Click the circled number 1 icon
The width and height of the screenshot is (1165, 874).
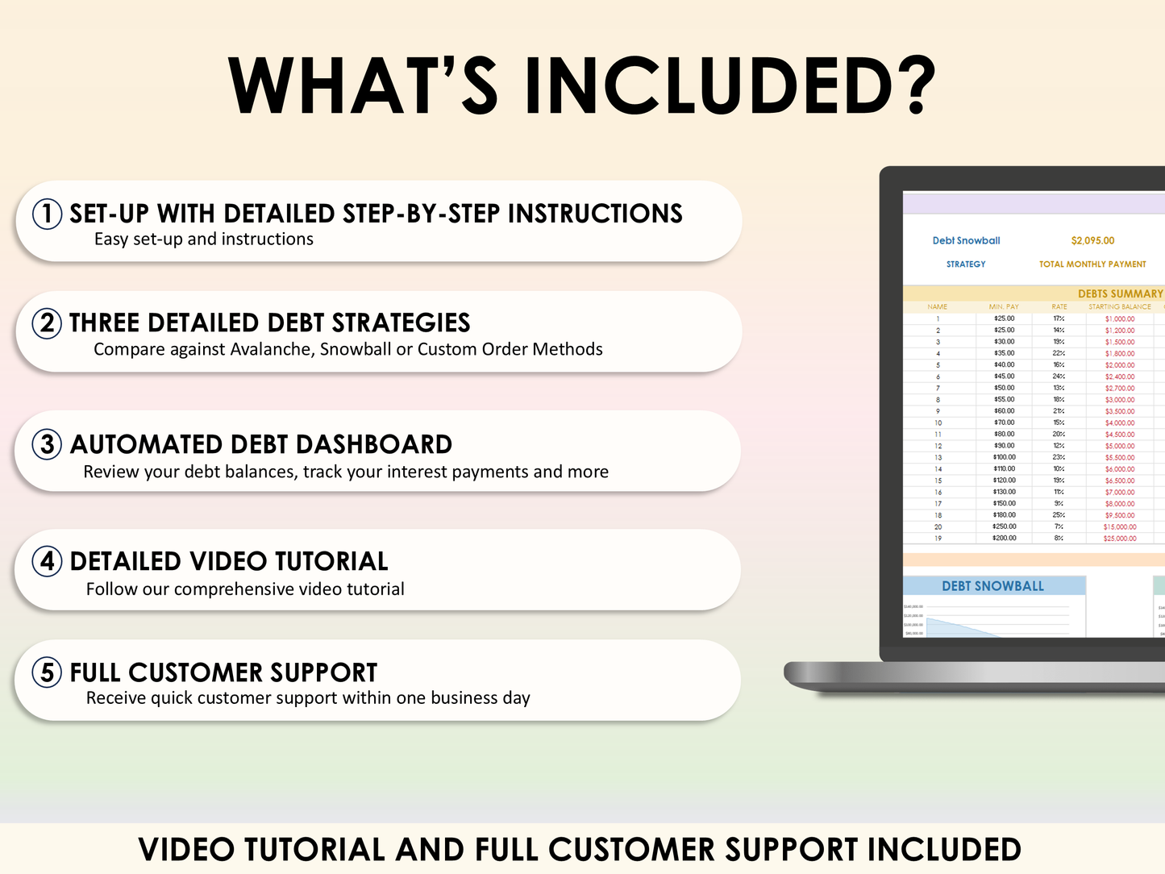tap(47, 214)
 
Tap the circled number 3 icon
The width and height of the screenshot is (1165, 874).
tap(47, 444)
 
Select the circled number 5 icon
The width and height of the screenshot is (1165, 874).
tap(47, 672)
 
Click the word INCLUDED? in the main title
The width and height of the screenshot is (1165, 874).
tap(730, 86)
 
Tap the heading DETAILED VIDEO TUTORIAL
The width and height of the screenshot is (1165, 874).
tap(229, 561)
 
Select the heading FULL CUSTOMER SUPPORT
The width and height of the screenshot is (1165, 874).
tap(223, 672)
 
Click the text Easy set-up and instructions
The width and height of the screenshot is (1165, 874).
tap(204, 239)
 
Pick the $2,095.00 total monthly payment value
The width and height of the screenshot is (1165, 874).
tap(1092, 240)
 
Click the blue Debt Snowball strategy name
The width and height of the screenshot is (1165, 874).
tap(966, 240)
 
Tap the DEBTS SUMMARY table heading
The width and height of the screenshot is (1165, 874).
tap(1120, 293)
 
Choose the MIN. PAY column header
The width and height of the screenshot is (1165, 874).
tap(1004, 307)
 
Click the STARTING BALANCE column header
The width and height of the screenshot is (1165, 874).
tap(1119, 307)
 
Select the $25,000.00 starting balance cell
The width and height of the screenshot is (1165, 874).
tap(1120, 539)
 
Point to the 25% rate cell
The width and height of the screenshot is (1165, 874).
tap(1059, 515)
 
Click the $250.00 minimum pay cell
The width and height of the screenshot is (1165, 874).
tap(1005, 526)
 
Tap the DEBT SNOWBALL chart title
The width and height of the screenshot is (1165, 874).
tap(992, 586)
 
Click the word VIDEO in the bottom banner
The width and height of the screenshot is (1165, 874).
tap(185, 850)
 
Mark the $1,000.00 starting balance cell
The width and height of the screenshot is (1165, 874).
tap(1120, 319)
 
